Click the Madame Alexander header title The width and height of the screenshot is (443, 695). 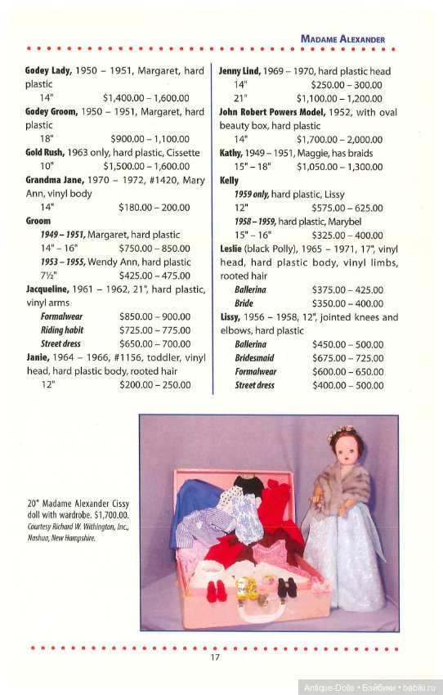pyautogui.click(x=342, y=38)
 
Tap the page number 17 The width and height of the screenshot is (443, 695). pyautogui.click(x=215, y=657)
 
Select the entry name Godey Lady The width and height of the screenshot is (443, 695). pyautogui.click(x=48, y=71)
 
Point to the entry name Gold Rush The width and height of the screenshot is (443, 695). pyautogui.click(x=45, y=153)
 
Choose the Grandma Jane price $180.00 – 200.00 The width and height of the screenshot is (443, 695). pyautogui.click(x=154, y=208)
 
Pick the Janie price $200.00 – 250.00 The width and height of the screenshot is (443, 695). pyautogui.click(x=154, y=385)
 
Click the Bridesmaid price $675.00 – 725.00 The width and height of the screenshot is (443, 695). pyautogui.click(x=347, y=358)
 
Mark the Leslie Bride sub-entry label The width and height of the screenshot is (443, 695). pyautogui.click(x=244, y=303)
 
